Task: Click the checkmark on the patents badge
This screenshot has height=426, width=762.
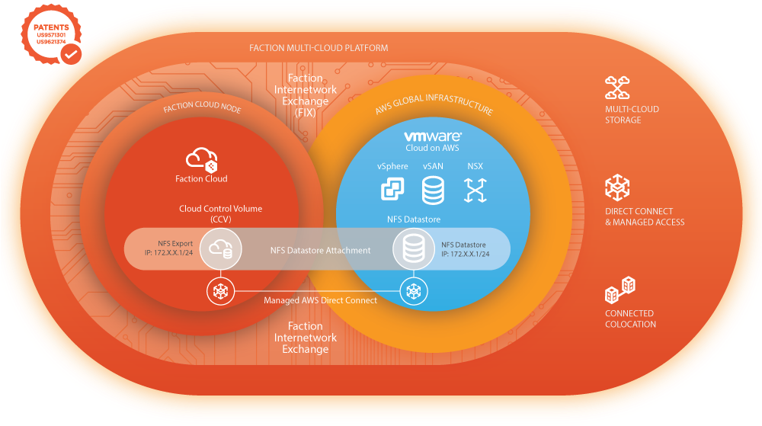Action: [x=71, y=55]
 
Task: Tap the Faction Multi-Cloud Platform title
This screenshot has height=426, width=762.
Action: [x=319, y=48]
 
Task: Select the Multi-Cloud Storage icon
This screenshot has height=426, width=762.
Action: [x=616, y=88]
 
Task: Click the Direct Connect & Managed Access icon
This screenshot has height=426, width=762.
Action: [x=616, y=187]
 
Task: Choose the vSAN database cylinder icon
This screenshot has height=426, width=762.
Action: [x=433, y=190]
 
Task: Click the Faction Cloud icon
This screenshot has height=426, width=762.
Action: [x=202, y=159]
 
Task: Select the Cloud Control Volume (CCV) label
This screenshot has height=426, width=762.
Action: [x=210, y=213]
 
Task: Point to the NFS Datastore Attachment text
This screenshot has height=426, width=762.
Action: [x=320, y=250]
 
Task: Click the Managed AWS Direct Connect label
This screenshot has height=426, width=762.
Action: [x=320, y=300]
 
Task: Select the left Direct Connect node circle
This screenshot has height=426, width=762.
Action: [x=220, y=290]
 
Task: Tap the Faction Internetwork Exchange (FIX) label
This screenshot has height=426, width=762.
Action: [x=306, y=95]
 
